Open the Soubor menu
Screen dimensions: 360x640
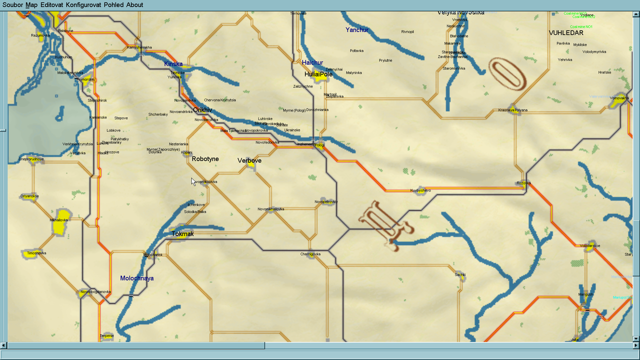click(13, 5)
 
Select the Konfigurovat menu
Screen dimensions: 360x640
click(83, 5)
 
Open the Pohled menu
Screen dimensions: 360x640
click(113, 5)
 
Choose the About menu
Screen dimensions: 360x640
click(134, 5)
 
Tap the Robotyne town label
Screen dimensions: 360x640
click(205, 159)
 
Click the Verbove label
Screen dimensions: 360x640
click(249, 161)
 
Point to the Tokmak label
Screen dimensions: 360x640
click(182, 234)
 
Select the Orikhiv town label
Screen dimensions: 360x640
click(202, 110)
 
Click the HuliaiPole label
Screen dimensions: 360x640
click(318, 74)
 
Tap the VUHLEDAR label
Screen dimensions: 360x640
click(566, 33)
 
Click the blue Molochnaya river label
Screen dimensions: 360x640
click(137, 278)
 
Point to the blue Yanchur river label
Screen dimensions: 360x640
click(357, 30)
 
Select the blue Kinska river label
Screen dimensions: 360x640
click(173, 64)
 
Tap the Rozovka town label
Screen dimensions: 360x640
click(523, 183)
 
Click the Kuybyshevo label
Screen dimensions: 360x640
click(420, 190)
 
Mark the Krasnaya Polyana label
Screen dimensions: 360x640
click(513, 110)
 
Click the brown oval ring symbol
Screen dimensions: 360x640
click(507, 74)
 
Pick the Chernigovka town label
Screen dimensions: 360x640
click(310, 254)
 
